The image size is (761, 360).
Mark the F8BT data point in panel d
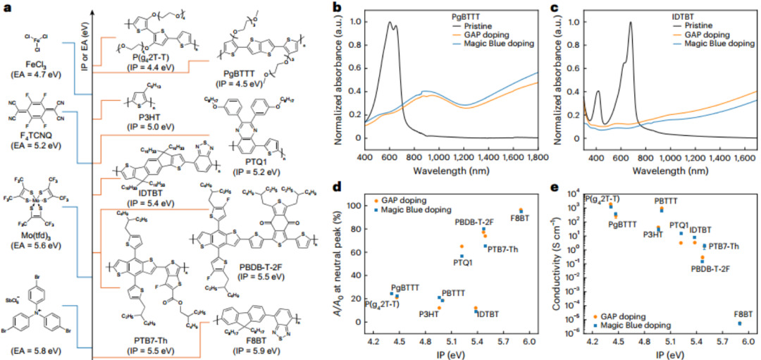[521, 210]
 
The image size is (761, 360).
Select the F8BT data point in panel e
[739, 323]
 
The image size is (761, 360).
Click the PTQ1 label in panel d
[463, 263]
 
